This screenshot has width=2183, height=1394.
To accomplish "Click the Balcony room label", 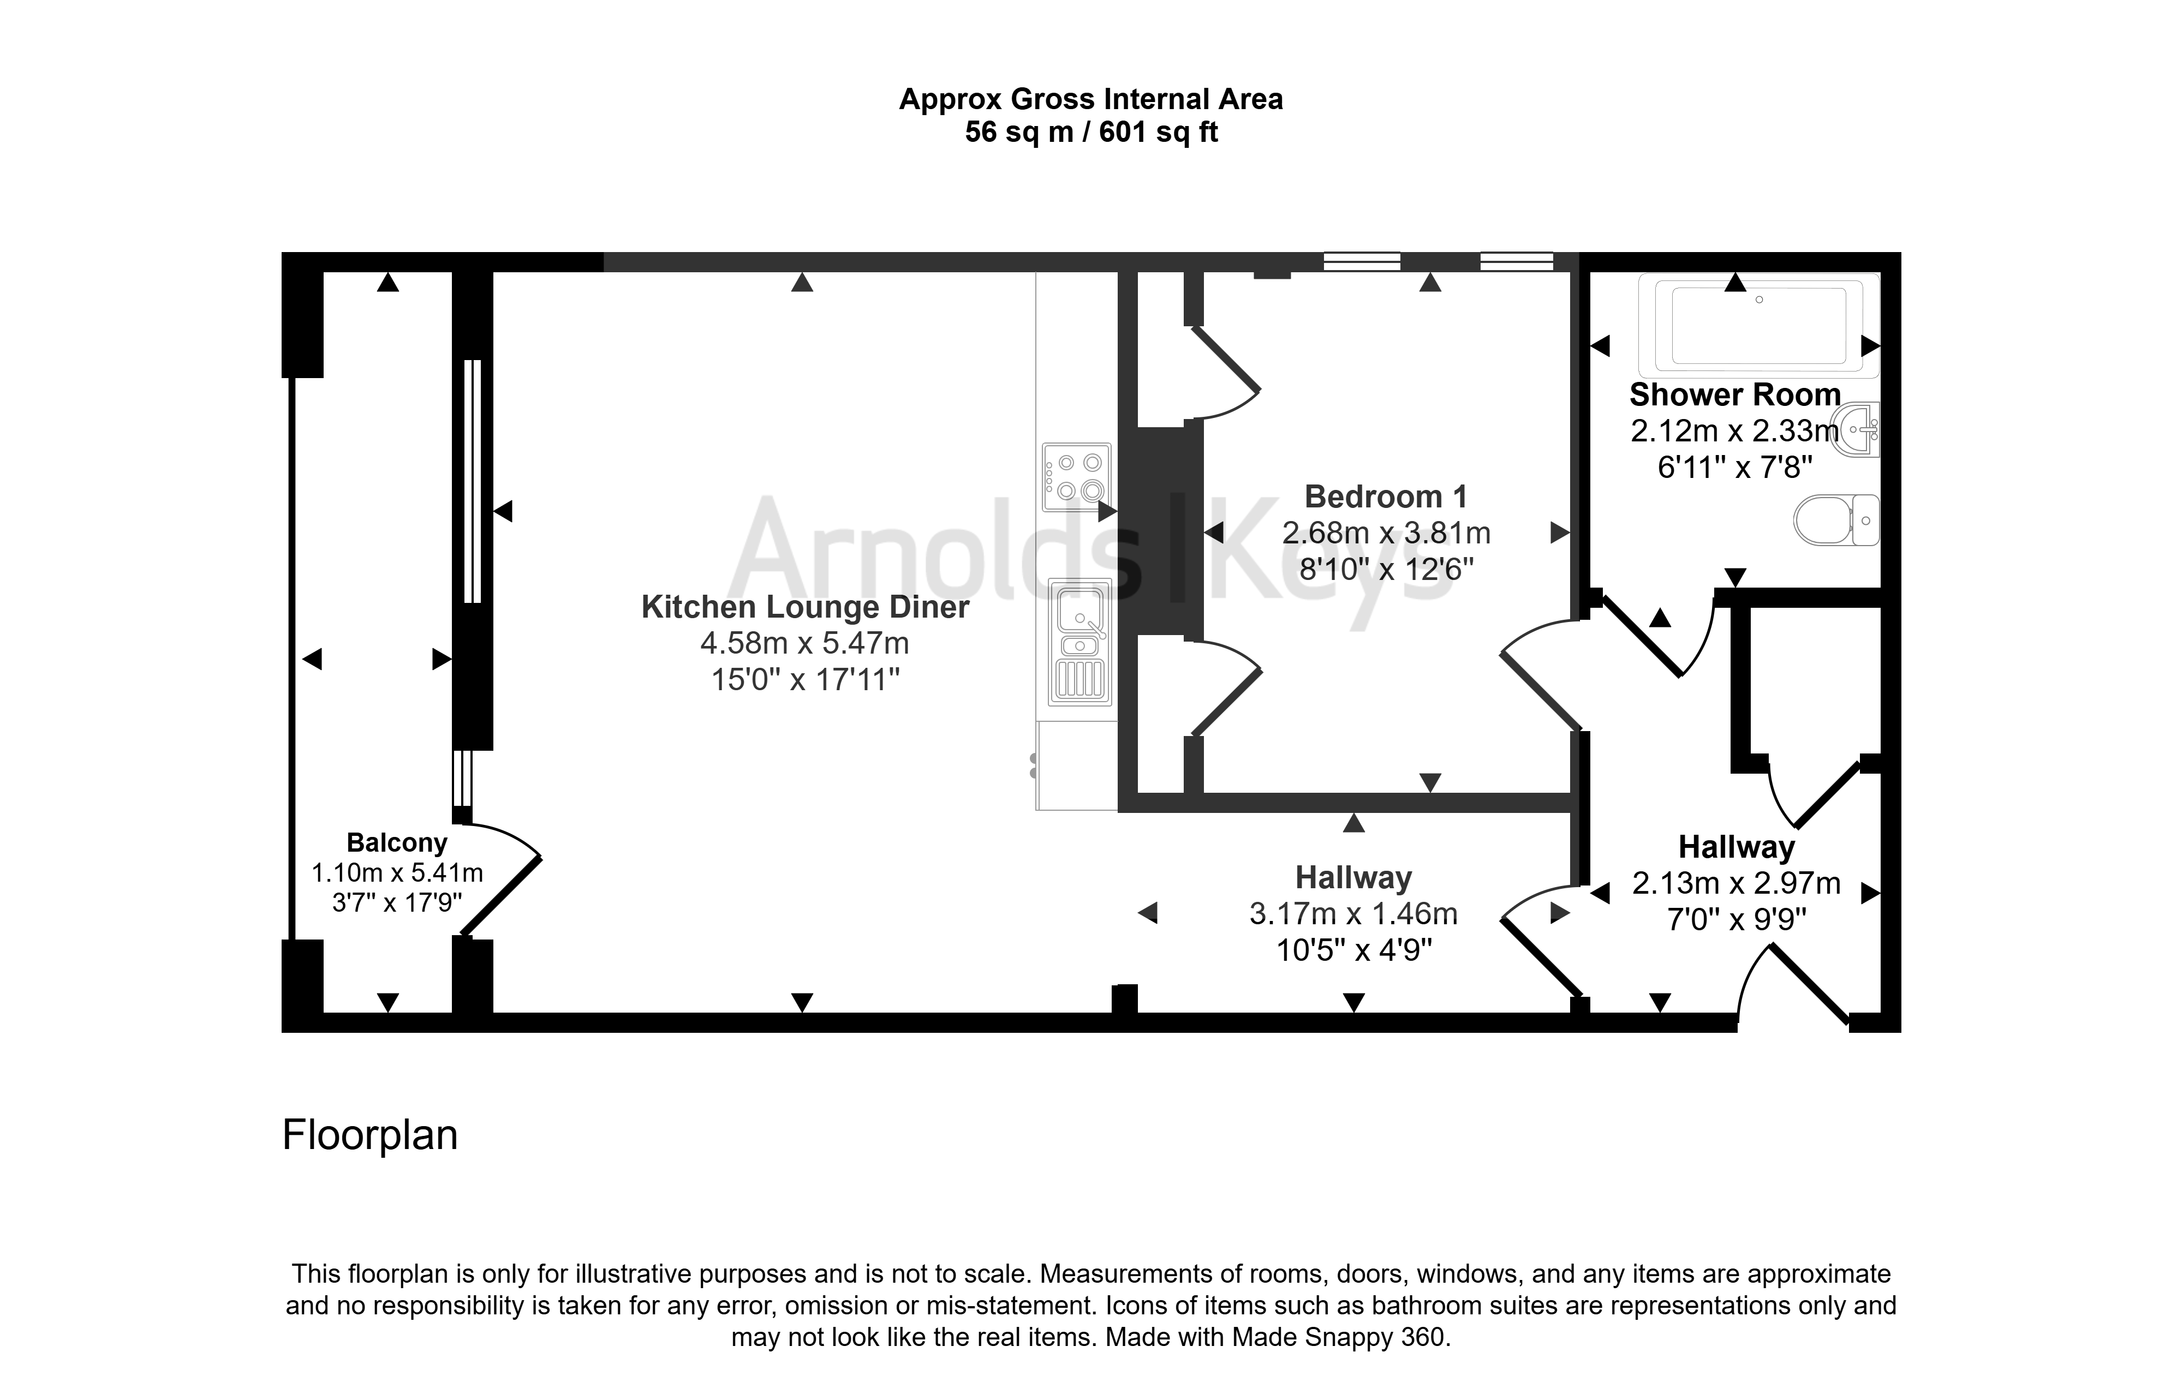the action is click(397, 843).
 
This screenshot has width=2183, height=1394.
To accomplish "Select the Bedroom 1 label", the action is click(1385, 496).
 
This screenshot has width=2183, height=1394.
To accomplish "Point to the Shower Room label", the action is click(1735, 395).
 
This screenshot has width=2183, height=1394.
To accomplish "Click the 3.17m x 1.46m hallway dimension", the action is click(1353, 914).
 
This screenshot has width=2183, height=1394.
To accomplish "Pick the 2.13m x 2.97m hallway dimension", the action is click(1736, 883).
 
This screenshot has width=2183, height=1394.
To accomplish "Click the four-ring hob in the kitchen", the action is click(1076, 477).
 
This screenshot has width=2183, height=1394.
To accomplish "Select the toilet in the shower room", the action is click(1836, 519).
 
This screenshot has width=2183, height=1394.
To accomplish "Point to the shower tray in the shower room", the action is click(1759, 325).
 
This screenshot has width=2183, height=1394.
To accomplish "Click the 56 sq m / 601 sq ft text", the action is click(1091, 133).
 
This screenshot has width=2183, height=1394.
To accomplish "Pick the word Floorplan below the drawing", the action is click(370, 1135).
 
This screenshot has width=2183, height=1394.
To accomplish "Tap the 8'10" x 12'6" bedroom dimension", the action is click(1386, 569).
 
